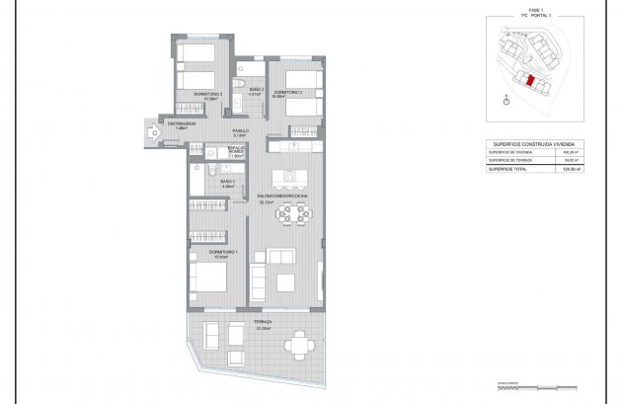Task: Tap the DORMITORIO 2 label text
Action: click(207, 96)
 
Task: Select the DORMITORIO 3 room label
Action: click(287, 93)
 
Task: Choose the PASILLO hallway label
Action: click(240, 130)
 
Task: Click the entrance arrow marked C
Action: click(155, 130)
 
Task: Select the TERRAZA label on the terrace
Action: click(262, 323)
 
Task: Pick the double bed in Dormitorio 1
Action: click(206, 279)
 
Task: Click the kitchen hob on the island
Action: click(291, 177)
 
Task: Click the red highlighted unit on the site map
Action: click(530, 81)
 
